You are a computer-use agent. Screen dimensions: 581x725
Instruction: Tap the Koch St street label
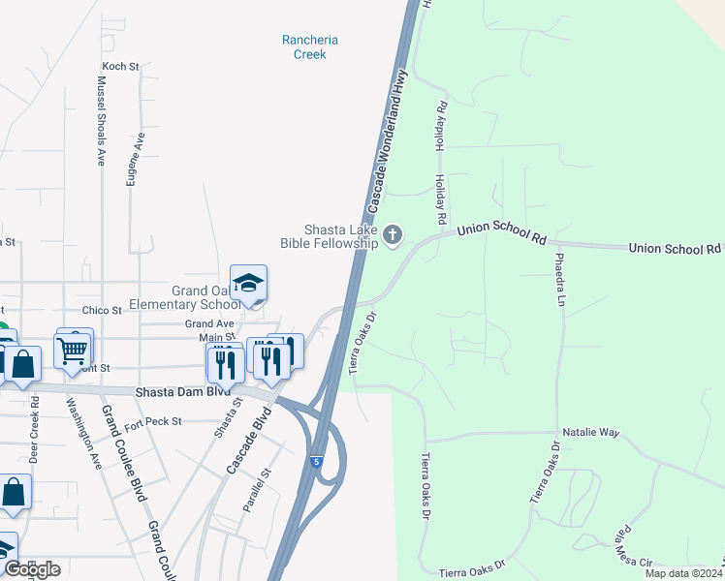click(x=121, y=67)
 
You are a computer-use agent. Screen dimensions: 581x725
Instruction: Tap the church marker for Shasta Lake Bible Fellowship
click(x=393, y=233)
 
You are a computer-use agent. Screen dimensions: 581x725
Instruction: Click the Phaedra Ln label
click(x=559, y=280)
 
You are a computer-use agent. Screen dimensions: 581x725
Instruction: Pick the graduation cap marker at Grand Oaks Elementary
click(x=248, y=283)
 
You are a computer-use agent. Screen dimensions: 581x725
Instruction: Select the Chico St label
click(x=102, y=310)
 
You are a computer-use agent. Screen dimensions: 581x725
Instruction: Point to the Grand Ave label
click(x=209, y=323)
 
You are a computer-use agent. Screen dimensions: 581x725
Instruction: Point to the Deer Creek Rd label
click(x=34, y=429)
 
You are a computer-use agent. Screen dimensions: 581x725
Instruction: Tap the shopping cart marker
click(x=74, y=352)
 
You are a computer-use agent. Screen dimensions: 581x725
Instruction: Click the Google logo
click(x=32, y=569)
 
